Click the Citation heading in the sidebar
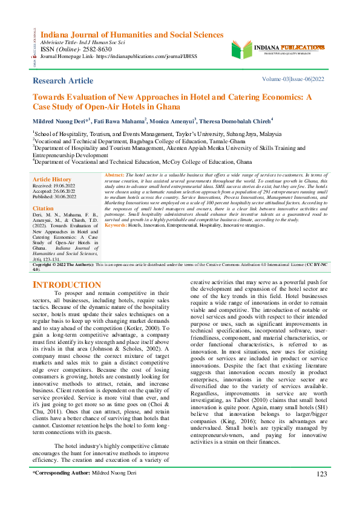pyautogui.click(x=44, y=207)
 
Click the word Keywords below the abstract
pyautogui.click(x=116, y=225)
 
